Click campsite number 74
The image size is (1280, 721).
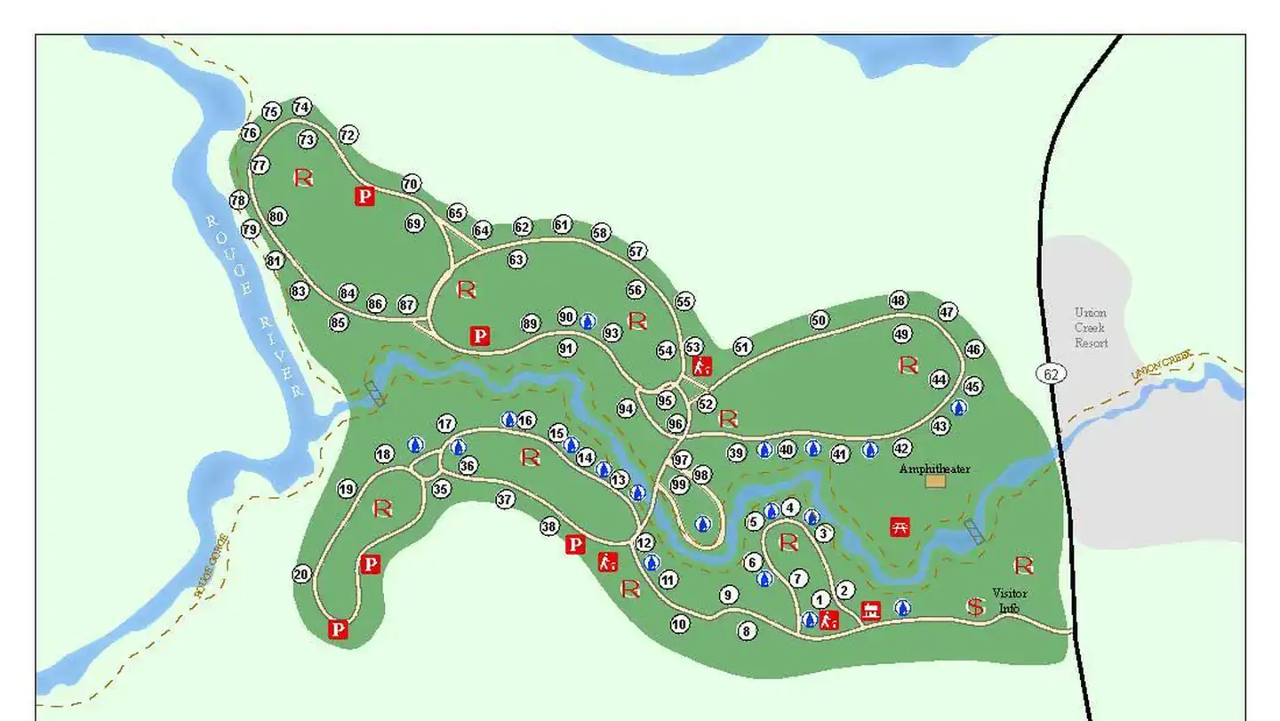tap(302, 107)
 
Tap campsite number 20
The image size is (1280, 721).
tap(301, 574)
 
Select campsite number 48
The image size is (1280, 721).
tap(899, 300)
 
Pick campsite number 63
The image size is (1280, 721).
tap(516, 260)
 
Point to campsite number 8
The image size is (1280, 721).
tap(747, 630)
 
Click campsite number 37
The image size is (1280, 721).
tap(505, 500)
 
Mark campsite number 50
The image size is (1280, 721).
tap(819, 320)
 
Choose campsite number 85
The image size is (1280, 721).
tap(338, 323)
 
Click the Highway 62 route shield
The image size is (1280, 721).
tap(1052, 373)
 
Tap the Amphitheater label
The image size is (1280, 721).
tap(934, 469)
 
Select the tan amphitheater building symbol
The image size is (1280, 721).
tap(935, 481)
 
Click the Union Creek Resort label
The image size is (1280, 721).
tap(1091, 327)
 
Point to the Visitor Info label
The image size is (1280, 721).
tap(1009, 600)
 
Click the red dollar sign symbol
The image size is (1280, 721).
tap(976, 606)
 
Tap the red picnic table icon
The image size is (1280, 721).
tap(900, 526)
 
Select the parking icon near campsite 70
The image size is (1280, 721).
tap(364, 196)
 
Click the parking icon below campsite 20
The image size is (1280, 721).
tap(338, 629)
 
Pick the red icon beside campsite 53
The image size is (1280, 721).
tap(702, 365)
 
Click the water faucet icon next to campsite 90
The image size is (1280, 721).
tap(587, 320)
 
